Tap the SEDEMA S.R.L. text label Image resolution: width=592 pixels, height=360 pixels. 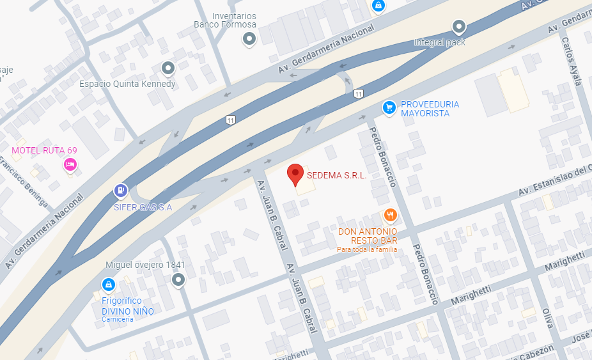pyautogui.click(x=336, y=176)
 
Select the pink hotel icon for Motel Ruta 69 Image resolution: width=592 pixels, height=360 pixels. pyautogui.click(x=70, y=165)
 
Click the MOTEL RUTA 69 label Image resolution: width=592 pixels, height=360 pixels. pyautogui.click(x=44, y=151)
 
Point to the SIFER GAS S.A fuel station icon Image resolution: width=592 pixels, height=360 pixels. pyautogui.click(x=120, y=191)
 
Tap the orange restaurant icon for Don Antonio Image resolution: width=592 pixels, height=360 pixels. pyautogui.click(x=388, y=215)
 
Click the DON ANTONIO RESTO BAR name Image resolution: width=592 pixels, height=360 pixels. pyautogui.click(x=368, y=235)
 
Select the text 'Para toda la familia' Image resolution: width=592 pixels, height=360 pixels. pyautogui.click(x=367, y=249)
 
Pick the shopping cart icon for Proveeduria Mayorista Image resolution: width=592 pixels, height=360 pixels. pyautogui.click(x=388, y=107)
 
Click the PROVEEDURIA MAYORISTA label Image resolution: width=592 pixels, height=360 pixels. pyautogui.click(x=430, y=109)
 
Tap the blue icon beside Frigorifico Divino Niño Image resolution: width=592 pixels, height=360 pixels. pyautogui.click(x=109, y=284)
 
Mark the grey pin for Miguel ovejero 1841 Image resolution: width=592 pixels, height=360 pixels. pyautogui.click(x=178, y=279)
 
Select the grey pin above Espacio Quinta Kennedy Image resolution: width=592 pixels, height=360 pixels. pyautogui.click(x=168, y=68)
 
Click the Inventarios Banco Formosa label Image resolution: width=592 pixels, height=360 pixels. pyautogui.click(x=225, y=20)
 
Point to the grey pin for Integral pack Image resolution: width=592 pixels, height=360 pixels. pyautogui.click(x=458, y=27)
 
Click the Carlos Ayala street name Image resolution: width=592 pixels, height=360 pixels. pyautogui.click(x=571, y=61)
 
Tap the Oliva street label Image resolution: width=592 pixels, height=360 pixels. pyautogui.click(x=547, y=317)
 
